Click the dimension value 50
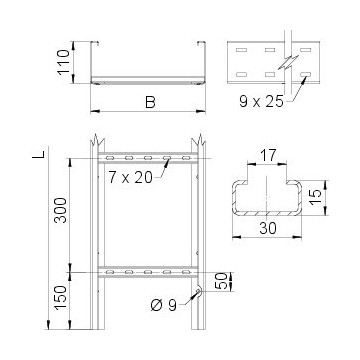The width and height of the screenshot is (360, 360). [x=220, y=276]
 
